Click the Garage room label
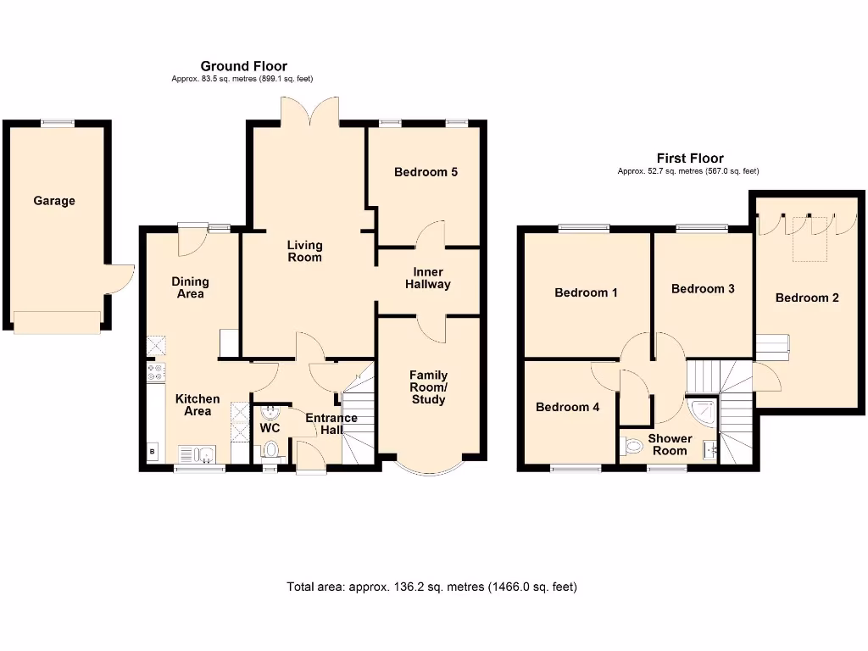(54, 201)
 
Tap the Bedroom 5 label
(426, 172)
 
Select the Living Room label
(304, 251)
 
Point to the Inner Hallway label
(427, 278)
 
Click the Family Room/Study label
(428, 387)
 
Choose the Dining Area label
(190, 287)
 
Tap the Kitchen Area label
(198, 404)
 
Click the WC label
(270, 429)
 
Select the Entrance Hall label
(331, 424)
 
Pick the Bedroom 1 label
(586, 292)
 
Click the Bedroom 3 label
(703, 288)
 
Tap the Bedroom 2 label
(807, 298)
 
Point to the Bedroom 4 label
(567, 407)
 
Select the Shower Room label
(670, 444)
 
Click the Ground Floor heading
(243, 65)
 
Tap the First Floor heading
(690, 158)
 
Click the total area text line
(432, 586)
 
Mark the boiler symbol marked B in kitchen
(153, 451)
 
